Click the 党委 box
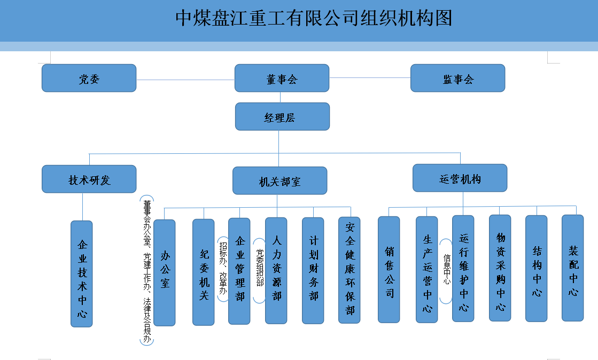click(x=89, y=78)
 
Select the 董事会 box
click(x=282, y=79)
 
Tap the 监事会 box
click(x=457, y=78)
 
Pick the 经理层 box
click(x=282, y=116)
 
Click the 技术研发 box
click(x=89, y=179)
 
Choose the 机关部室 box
click(x=279, y=181)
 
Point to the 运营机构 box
click(x=460, y=178)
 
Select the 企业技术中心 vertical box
click(x=82, y=273)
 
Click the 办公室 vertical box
click(x=164, y=272)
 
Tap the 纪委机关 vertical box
click(x=204, y=272)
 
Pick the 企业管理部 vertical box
click(x=239, y=271)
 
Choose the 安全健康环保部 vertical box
click(x=350, y=270)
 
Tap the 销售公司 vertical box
click(x=389, y=269)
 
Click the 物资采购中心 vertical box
click(x=500, y=268)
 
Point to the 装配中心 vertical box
click(x=573, y=268)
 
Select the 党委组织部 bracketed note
click(x=260, y=270)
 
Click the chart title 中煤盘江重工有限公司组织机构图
click(x=314, y=18)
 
